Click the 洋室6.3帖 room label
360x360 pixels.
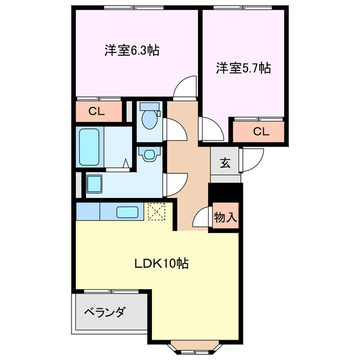coord(131,50)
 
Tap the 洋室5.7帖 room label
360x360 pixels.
coord(243,68)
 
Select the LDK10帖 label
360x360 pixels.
coord(160,263)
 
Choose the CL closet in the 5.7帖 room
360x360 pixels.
coord(260,132)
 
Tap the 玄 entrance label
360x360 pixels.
coord(224,164)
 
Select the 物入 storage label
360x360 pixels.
coord(226,217)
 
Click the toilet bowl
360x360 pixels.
coord(149,118)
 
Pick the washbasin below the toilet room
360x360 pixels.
coord(149,154)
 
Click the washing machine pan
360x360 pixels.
coord(95,183)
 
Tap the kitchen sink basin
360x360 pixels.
coord(127,212)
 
